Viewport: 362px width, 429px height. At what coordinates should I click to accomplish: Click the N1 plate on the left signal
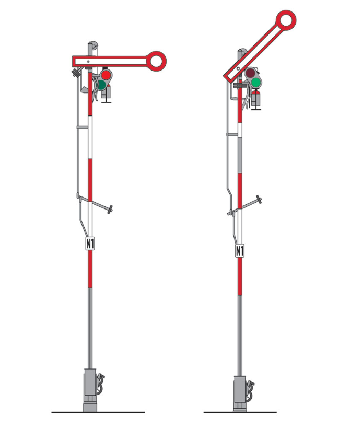click(x=90, y=243)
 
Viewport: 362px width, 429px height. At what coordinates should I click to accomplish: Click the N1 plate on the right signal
click(x=240, y=251)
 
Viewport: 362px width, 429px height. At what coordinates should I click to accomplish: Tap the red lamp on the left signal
click(x=106, y=75)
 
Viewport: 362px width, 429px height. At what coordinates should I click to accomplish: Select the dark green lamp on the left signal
click(x=102, y=85)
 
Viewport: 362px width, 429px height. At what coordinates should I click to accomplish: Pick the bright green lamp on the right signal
click(x=256, y=83)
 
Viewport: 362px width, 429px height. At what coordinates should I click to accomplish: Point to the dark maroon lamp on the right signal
click(x=250, y=73)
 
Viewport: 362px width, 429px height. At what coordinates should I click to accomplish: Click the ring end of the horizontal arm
click(x=156, y=61)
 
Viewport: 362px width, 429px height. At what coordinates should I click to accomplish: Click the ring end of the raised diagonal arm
click(x=286, y=20)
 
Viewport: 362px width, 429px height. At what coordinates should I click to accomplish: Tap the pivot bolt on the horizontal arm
click(x=88, y=61)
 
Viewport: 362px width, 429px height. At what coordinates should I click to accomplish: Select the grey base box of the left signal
click(x=90, y=390)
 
